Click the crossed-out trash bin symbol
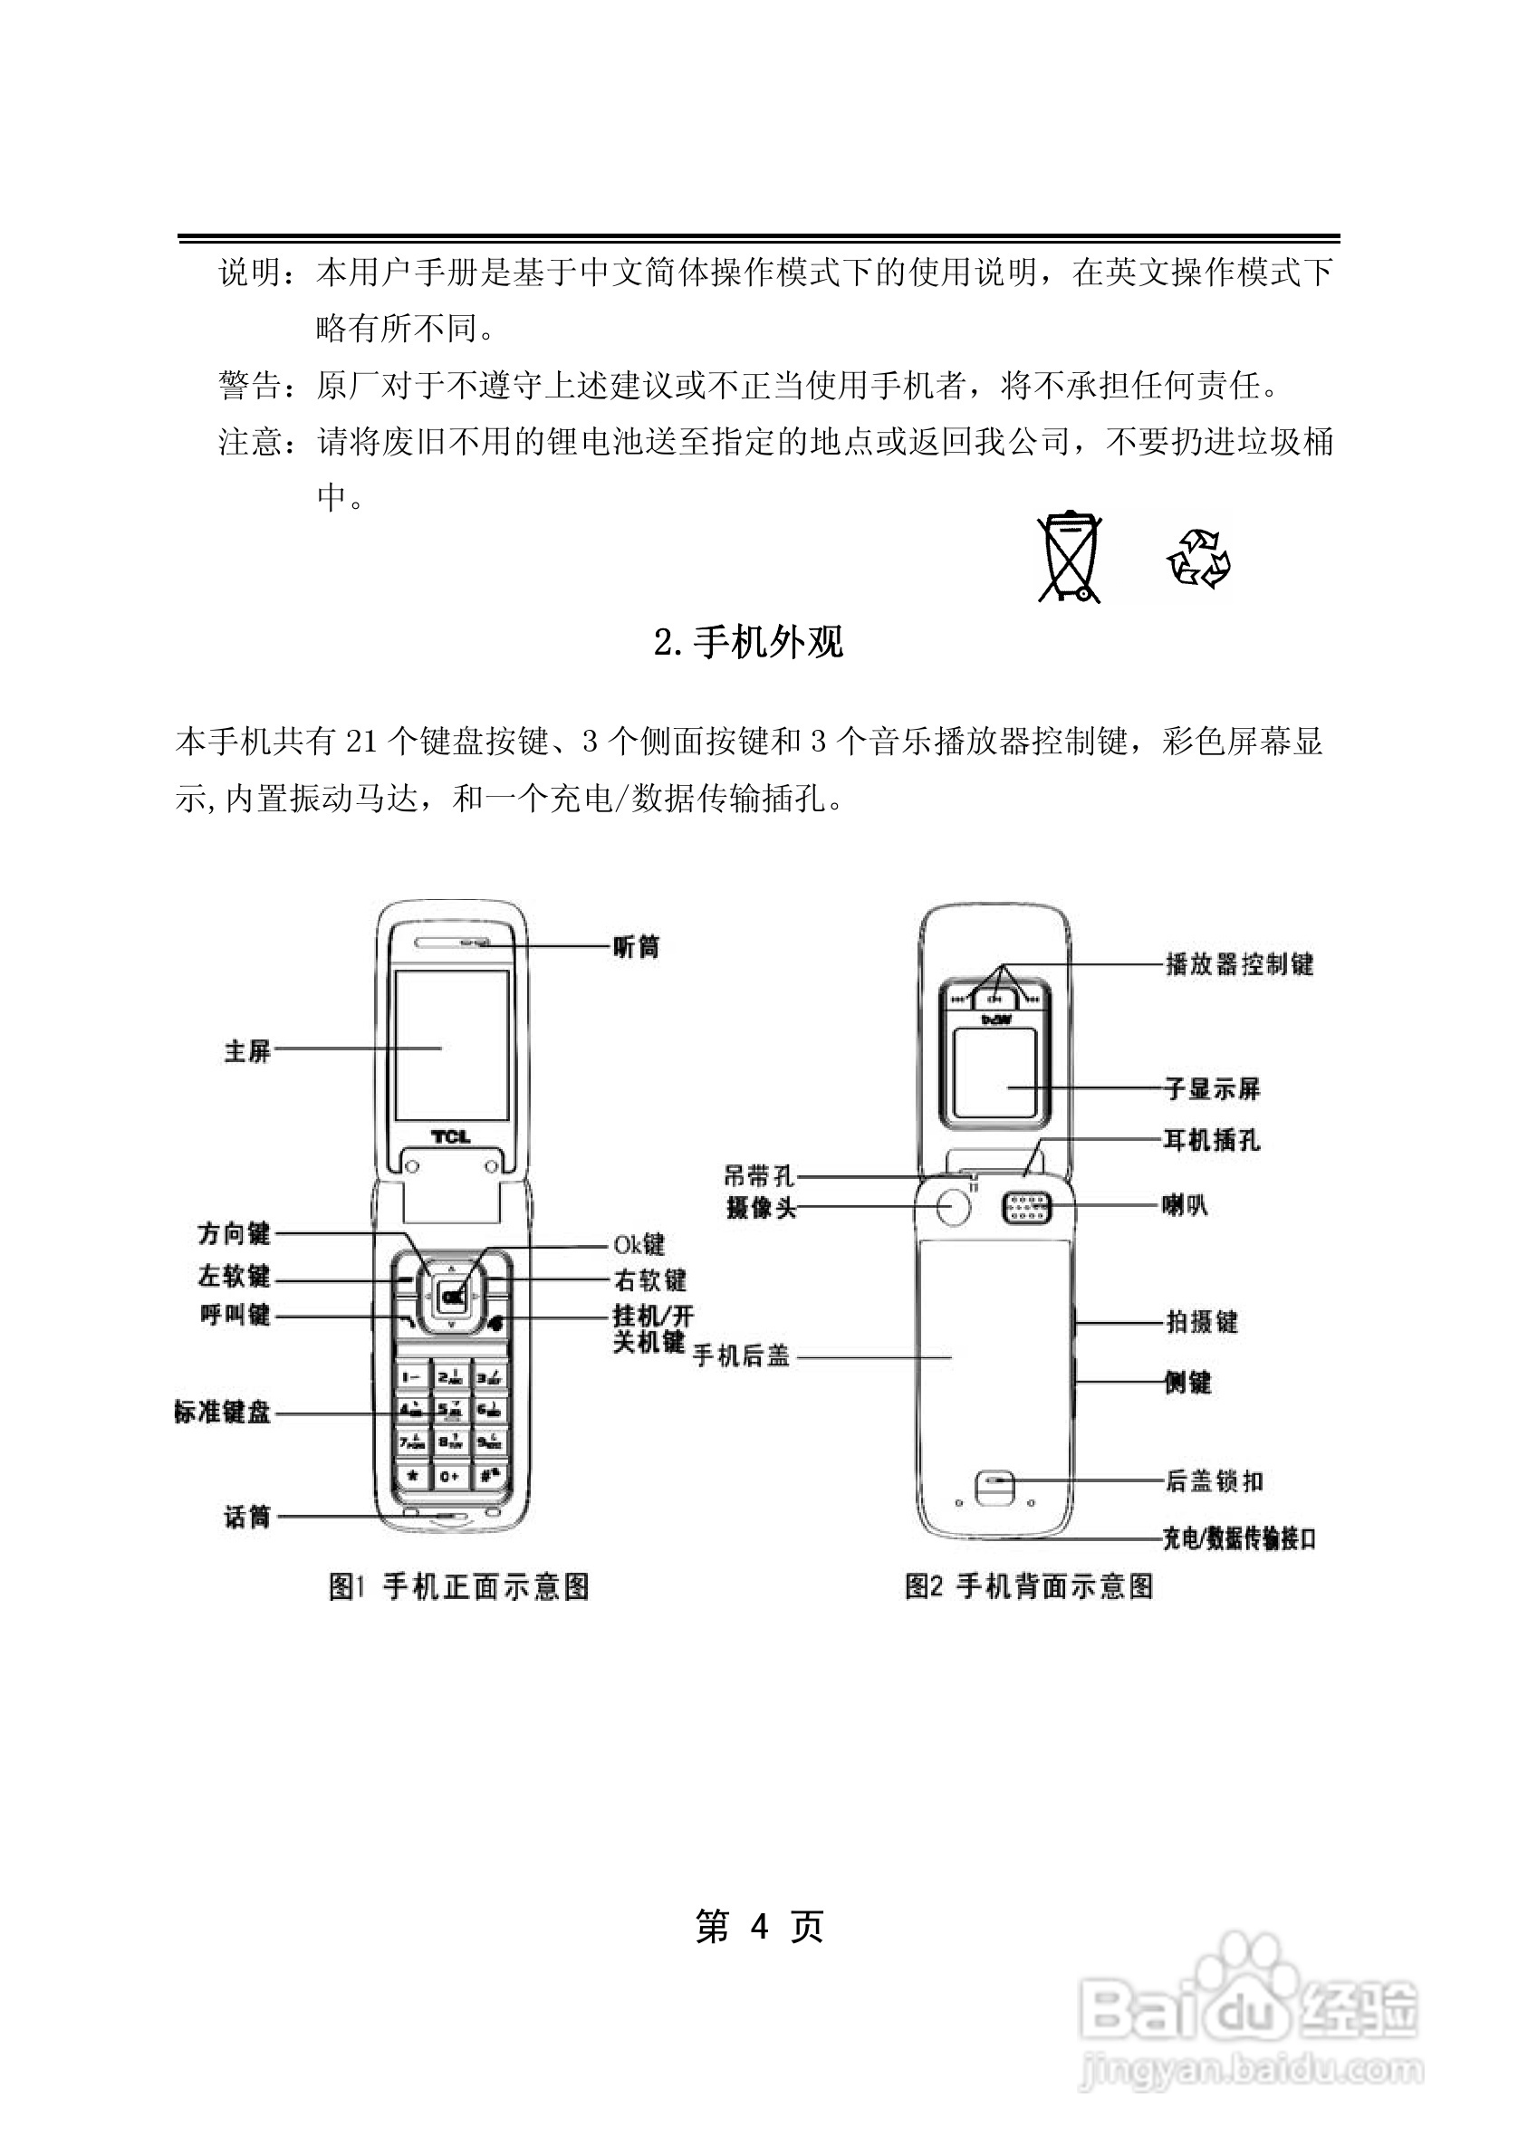click(1069, 558)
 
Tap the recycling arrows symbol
click(1199, 559)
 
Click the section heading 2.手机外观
click(748, 642)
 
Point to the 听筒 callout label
click(636, 947)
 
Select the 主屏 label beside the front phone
click(247, 1051)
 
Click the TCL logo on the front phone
click(451, 1136)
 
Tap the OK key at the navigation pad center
click(453, 1298)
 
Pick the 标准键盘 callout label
click(223, 1412)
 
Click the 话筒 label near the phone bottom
click(247, 1517)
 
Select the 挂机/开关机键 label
click(651, 1328)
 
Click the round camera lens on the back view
click(953, 1207)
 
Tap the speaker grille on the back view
click(1027, 1208)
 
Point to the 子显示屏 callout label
click(1212, 1088)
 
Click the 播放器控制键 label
click(1238, 964)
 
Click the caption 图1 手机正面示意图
click(459, 1587)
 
